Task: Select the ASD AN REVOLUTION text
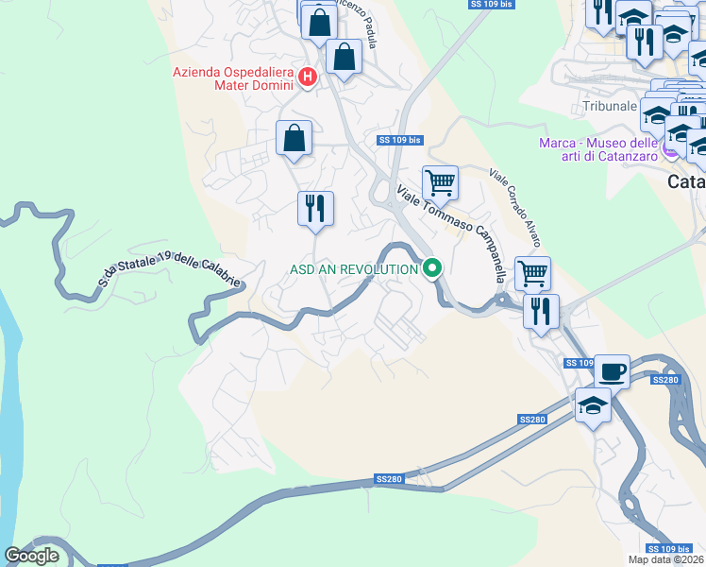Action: (x=353, y=269)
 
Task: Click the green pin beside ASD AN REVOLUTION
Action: (x=432, y=269)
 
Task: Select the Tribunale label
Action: (x=610, y=106)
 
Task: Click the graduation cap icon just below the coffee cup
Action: (x=593, y=405)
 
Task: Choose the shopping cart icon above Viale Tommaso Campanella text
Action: (x=440, y=180)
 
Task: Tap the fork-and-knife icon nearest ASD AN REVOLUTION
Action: (x=315, y=209)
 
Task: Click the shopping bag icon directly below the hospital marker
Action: (x=294, y=138)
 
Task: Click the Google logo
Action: (x=31, y=556)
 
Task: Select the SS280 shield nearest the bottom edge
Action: (x=388, y=479)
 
